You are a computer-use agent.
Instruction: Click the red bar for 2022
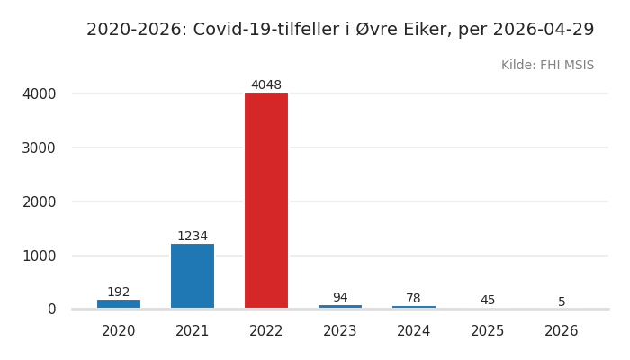pyautogui.click(x=266, y=200)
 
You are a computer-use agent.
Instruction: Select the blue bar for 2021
pyautogui.click(x=193, y=275)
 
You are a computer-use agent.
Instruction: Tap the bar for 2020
pyautogui.click(x=119, y=304)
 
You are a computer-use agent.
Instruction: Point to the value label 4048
pyautogui.click(x=266, y=85)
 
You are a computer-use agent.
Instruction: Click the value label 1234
pyautogui.click(x=193, y=237)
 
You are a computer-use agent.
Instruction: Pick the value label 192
pyautogui.click(x=119, y=292)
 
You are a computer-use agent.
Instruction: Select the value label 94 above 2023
pyautogui.click(x=340, y=298)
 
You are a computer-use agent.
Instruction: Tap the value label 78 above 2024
pyautogui.click(x=414, y=299)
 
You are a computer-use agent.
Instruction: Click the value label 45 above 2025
pyautogui.click(x=488, y=301)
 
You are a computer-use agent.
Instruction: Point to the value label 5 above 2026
pyautogui.click(x=562, y=302)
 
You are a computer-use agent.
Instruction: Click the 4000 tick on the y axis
pyautogui.click(x=39, y=94)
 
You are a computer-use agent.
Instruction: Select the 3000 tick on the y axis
pyautogui.click(x=39, y=148)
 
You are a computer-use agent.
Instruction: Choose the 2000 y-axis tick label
pyautogui.click(x=39, y=202)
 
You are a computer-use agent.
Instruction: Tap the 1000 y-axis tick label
pyautogui.click(x=39, y=256)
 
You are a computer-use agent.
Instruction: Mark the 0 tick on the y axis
pyautogui.click(x=51, y=310)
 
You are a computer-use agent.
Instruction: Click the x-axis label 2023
pyautogui.click(x=340, y=331)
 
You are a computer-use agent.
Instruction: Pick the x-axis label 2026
pyautogui.click(x=562, y=331)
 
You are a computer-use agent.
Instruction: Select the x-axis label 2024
pyautogui.click(x=414, y=331)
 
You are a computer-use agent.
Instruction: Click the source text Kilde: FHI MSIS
pyautogui.click(x=547, y=66)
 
